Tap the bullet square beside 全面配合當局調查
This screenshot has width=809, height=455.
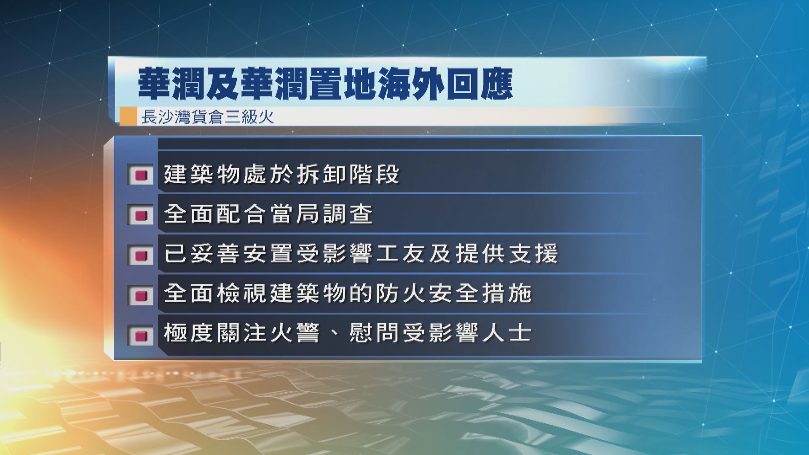(141, 215)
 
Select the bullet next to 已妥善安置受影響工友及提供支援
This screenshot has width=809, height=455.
(141, 255)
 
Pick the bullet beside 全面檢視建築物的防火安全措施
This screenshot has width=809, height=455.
(141, 295)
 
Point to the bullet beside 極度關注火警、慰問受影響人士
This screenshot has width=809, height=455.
(141, 335)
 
